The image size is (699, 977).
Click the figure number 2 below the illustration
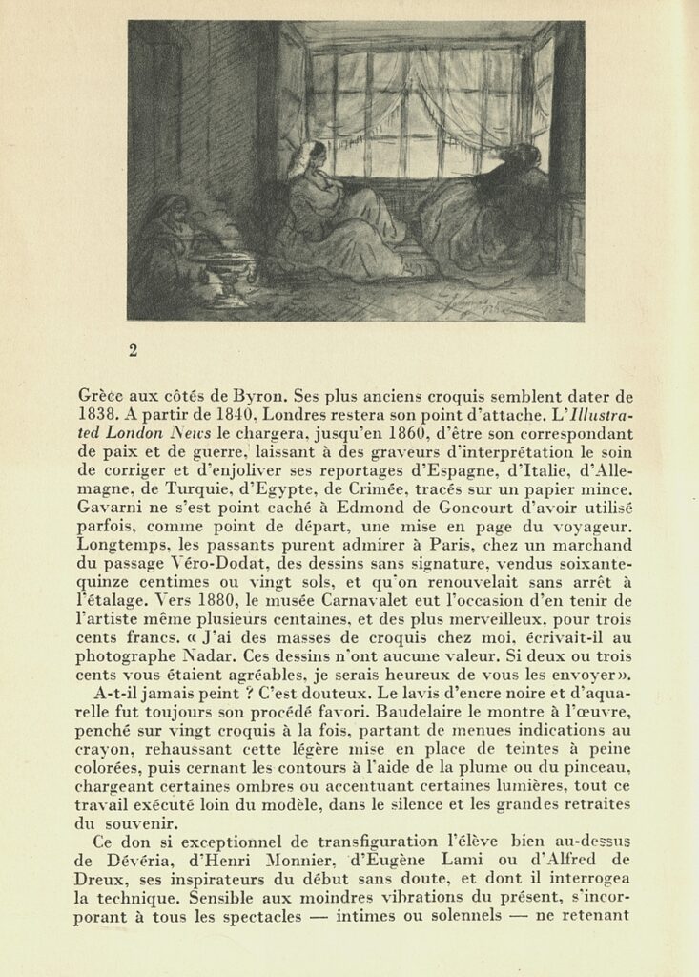click(x=133, y=350)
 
